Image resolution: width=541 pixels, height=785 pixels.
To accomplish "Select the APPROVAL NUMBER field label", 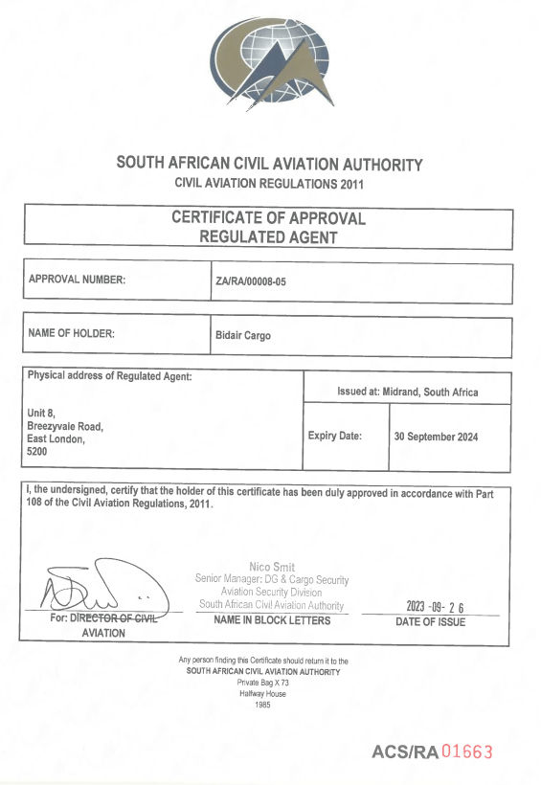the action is (78, 280).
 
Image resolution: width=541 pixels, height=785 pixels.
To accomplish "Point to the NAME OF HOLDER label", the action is (72, 333).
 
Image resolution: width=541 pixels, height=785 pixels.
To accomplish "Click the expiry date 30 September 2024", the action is (436, 437).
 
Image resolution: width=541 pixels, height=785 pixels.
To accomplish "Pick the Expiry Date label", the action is (335, 436).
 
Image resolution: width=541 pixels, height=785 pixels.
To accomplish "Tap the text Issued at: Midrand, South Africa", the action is (407, 392).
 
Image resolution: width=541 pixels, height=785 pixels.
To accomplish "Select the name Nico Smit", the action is (272, 567).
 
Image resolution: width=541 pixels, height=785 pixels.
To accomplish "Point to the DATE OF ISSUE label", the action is (431, 622).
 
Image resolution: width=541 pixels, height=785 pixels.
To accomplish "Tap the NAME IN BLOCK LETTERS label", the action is (272, 620).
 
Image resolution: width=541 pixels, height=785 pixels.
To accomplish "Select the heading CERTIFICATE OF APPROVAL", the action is (268, 217).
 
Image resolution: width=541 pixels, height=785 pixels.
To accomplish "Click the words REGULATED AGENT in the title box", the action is (268, 236).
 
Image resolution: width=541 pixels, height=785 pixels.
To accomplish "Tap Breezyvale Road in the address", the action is (65, 425).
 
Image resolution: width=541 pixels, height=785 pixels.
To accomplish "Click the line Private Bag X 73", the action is (263, 683).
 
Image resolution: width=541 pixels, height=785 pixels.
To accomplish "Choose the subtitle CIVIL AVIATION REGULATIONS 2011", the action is (269, 183).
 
